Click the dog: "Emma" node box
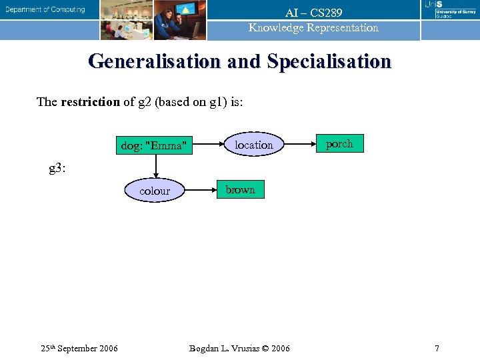point(154,145)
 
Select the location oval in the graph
point(253,145)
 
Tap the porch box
point(339,143)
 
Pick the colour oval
point(155,191)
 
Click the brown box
point(240,189)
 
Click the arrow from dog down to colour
point(155,167)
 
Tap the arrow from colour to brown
point(199,190)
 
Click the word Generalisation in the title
point(155,61)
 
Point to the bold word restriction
point(90,102)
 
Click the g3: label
point(58,168)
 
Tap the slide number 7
point(437,348)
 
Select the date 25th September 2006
point(79,348)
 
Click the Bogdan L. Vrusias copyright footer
point(239,348)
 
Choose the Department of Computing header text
point(46,10)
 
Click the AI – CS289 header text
point(313,13)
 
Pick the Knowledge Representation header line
point(313,28)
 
